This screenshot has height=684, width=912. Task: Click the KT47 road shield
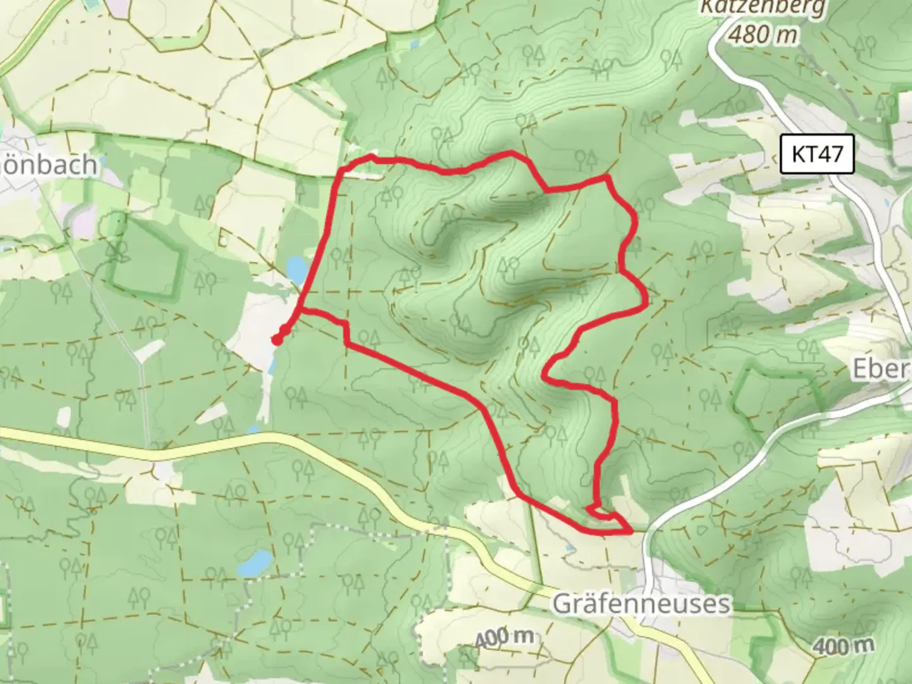[817, 154]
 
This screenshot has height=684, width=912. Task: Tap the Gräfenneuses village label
[641, 603]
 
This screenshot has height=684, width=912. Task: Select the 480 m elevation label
[763, 34]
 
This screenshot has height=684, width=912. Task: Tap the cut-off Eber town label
[880, 369]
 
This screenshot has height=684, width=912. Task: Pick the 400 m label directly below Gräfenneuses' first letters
[503, 638]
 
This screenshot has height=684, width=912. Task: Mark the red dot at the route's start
[277, 341]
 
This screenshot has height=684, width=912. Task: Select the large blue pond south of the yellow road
[253, 563]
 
